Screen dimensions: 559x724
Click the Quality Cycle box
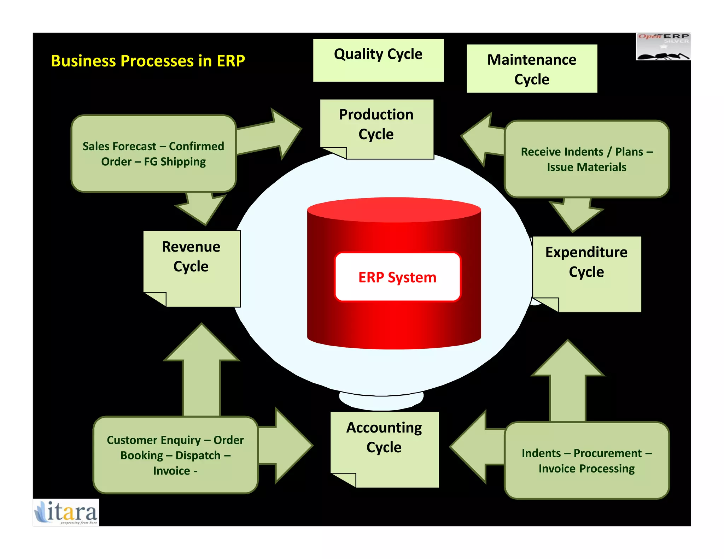click(x=378, y=60)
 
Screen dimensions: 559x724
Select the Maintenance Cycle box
click(x=532, y=69)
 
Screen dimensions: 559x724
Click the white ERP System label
click(x=397, y=277)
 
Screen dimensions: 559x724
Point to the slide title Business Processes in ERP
click(x=148, y=61)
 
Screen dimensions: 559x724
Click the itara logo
click(x=66, y=512)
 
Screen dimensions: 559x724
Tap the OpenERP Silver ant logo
click(x=663, y=47)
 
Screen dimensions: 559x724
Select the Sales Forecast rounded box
click(x=153, y=154)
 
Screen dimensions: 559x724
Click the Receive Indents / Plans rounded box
click(x=586, y=159)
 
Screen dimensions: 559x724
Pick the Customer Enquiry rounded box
click(x=175, y=455)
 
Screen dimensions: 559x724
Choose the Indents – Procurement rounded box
click(x=586, y=460)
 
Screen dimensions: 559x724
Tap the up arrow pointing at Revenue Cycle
click(x=202, y=371)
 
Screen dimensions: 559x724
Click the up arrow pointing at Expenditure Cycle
click(x=568, y=382)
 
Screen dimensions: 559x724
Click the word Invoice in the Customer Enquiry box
click(x=171, y=471)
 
